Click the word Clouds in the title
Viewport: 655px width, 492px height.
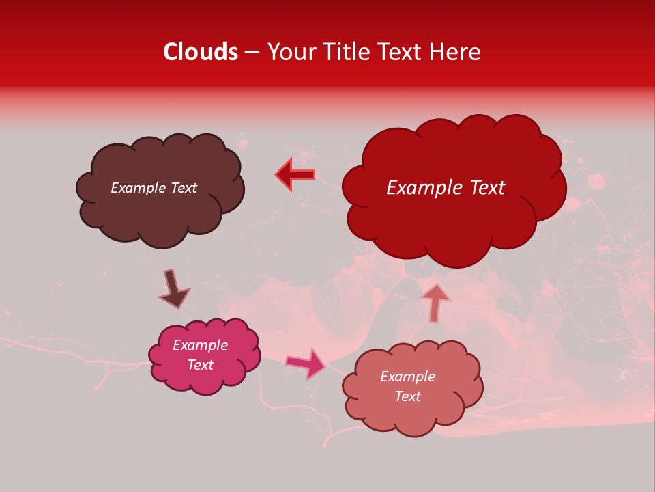pos(200,52)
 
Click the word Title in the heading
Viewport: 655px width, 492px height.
pos(345,52)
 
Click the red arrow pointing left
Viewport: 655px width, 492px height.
pos(295,174)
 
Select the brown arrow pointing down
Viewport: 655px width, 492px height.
pos(173,289)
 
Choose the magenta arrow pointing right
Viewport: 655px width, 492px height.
pos(306,364)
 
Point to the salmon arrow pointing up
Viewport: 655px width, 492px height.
pos(435,303)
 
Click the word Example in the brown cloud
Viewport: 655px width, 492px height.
pos(138,188)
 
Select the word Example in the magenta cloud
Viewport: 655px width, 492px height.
pos(200,346)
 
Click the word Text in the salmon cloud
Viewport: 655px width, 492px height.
pos(407,396)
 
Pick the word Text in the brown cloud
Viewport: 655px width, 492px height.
pos(183,188)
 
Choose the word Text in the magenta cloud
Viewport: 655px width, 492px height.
pos(200,365)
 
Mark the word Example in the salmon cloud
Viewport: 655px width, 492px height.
pos(407,377)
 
